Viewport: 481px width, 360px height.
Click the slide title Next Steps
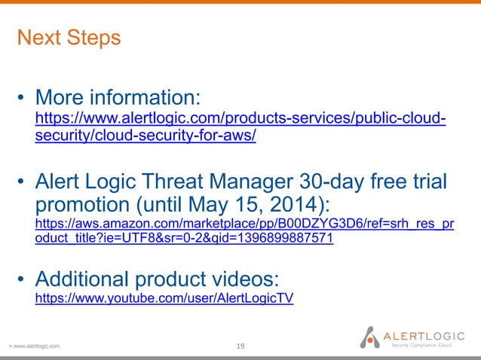click(69, 38)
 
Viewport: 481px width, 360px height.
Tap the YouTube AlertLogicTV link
click(164, 298)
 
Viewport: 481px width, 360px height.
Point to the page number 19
click(240, 346)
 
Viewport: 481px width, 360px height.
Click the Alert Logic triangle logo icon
click(369, 336)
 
